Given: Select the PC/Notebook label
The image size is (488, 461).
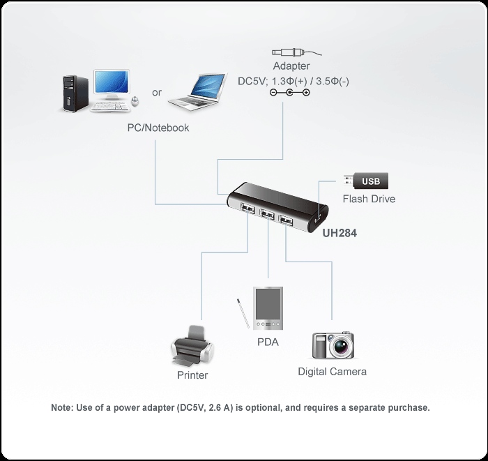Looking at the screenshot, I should pyautogui.click(x=158, y=128).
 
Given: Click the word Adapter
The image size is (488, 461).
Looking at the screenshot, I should pyautogui.click(x=291, y=67).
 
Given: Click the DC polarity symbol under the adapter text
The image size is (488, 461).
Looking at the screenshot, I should pyautogui.click(x=289, y=93).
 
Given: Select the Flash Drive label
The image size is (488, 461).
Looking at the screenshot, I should pyautogui.click(x=368, y=199).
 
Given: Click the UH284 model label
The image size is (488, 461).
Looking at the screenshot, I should pyautogui.click(x=340, y=234).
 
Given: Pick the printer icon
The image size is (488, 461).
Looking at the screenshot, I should pyautogui.click(x=192, y=346).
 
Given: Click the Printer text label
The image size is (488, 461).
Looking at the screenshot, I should pyautogui.click(x=192, y=375).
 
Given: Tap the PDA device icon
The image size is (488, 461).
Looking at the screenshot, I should pyautogui.click(x=268, y=308).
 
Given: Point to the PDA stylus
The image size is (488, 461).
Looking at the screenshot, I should pyautogui.click(x=242, y=313).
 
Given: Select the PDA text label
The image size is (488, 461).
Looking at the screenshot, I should pyautogui.click(x=268, y=342).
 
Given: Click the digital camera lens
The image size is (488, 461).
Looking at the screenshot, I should pyautogui.click(x=342, y=345).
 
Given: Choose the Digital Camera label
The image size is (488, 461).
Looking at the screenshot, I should pyautogui.click(x=332, y=371).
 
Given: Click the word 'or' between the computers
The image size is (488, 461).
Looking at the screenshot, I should pyautogui.click(x=157, y=92).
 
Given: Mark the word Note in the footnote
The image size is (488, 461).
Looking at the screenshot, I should pyautogui.click(x=63, y=407).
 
